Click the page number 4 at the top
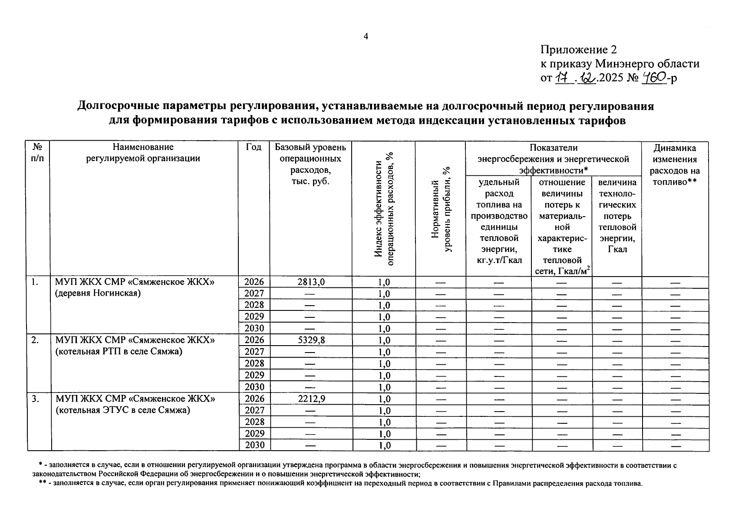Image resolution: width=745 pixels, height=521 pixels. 366,36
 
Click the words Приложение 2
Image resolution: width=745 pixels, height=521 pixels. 578,49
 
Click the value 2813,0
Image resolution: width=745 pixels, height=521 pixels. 310,282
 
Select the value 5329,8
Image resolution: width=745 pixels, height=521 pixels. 310,340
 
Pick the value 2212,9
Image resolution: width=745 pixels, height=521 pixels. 310,399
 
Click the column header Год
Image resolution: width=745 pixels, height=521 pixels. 254,147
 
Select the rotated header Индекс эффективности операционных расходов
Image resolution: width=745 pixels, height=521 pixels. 384,208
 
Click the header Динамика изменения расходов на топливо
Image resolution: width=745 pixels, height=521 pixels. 675,165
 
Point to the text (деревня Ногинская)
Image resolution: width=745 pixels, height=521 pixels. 98,293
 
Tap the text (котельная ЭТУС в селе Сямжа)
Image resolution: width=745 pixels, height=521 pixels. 123,409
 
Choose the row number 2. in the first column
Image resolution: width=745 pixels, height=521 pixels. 35,340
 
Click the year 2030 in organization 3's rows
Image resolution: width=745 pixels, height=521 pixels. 254,445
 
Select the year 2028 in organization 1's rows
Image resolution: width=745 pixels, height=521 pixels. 254,305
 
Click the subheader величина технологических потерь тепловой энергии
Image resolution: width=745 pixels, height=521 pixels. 617,216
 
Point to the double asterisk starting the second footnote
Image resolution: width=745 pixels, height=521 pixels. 43,483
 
